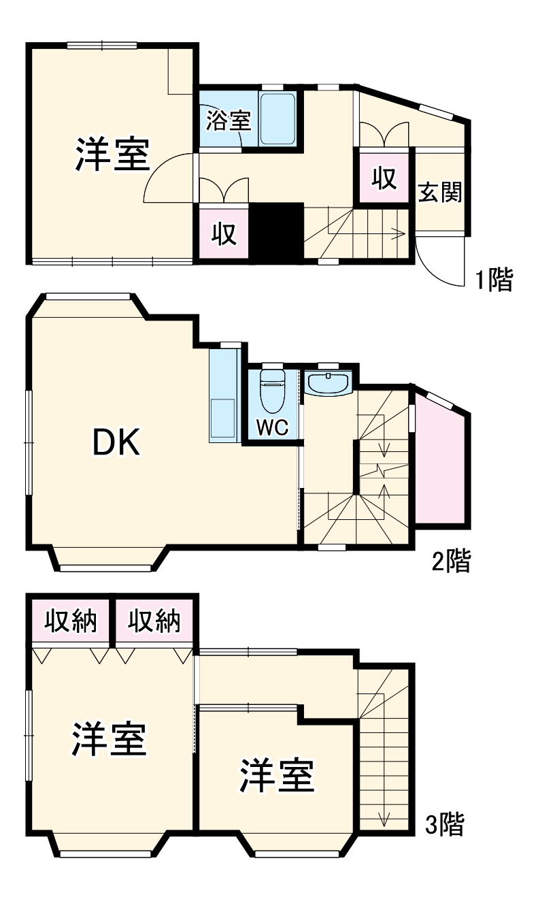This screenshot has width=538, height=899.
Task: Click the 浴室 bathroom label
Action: coord(229,120)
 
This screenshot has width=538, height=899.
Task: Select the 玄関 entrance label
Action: coord(439,193)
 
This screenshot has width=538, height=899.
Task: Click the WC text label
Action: coord(273,428)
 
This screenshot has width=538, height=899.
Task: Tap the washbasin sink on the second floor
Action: coord(328,382)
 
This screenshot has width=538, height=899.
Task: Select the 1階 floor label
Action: coord(492,280)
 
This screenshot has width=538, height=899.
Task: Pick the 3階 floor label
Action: coord(444,824)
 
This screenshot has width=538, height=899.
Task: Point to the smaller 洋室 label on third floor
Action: coord(276,775)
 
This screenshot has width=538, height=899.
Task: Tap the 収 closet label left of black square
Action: coord(223,233)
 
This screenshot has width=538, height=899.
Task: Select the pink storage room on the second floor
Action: coord(440,470)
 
